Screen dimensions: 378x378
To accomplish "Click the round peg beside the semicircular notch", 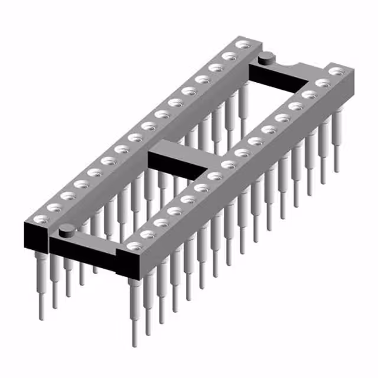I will click(266, 57).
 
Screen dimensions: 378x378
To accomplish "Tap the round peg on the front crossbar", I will click(66, 230).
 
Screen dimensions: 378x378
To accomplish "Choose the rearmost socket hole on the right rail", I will click(337, 71).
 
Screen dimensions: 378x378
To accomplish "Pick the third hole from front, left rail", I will click(66, 195).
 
